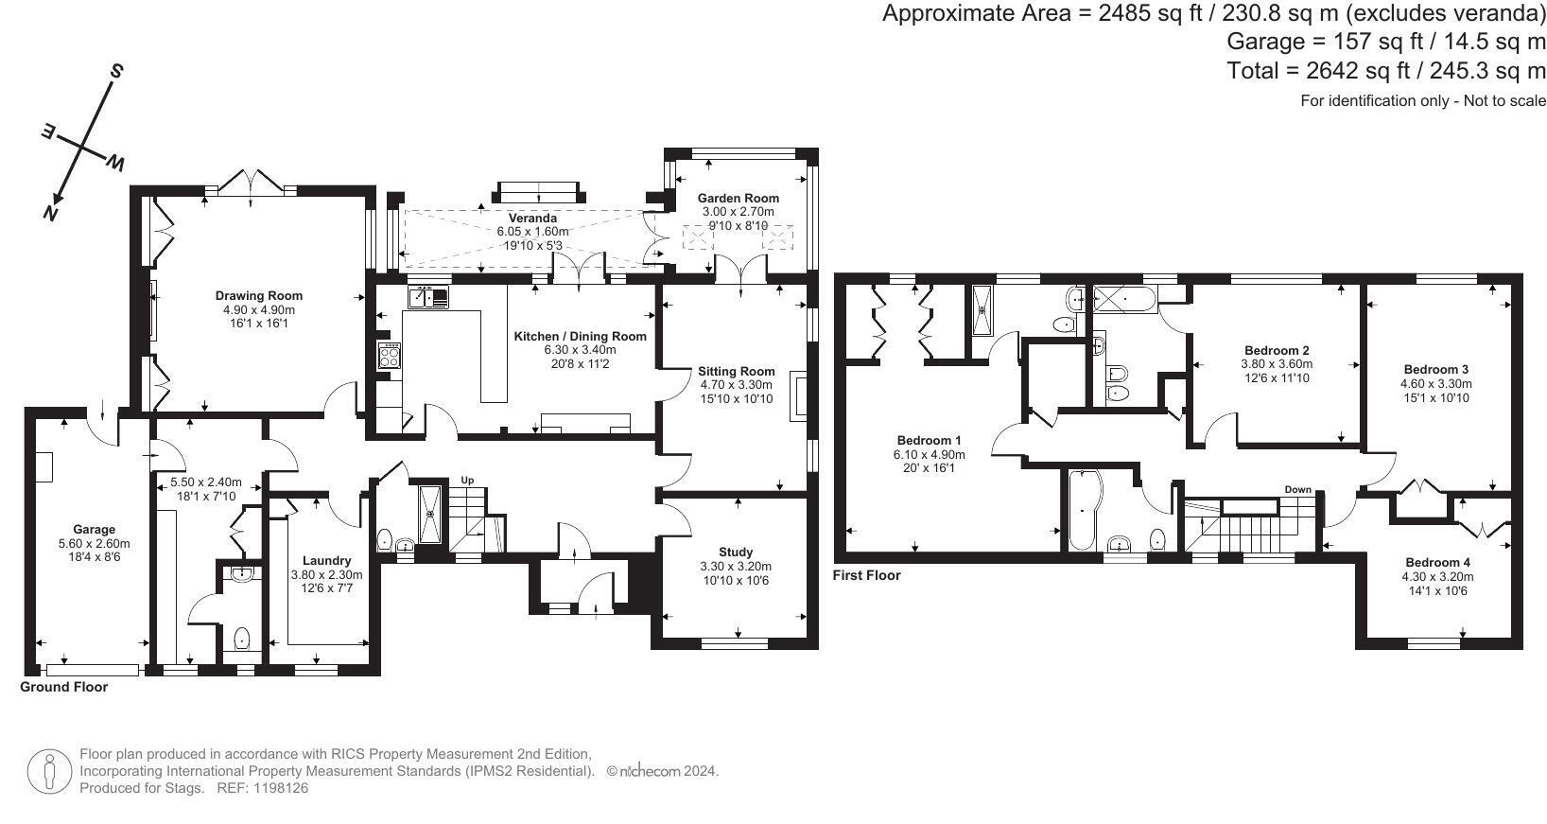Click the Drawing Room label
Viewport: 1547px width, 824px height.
[259, 295]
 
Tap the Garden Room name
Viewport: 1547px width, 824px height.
[738, 199]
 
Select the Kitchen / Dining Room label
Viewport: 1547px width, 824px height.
[581, 337]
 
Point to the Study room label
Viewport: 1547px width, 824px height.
[736, 552]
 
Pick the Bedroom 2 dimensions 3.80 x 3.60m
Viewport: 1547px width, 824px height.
[1277, 364]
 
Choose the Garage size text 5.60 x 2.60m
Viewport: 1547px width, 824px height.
[94, 544]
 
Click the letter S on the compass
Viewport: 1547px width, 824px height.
[116, 71]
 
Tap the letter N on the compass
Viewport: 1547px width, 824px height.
[50, 213]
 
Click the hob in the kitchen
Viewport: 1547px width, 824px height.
[389, 356]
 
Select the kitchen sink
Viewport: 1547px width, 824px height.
[428, 298]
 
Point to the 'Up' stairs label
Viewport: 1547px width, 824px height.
[467, 480]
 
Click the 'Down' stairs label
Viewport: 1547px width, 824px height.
[1297, 490]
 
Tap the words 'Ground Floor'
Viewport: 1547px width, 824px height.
[63, 687]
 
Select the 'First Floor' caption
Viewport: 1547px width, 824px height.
[867, 575]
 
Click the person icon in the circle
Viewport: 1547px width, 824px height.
[50, 772]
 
